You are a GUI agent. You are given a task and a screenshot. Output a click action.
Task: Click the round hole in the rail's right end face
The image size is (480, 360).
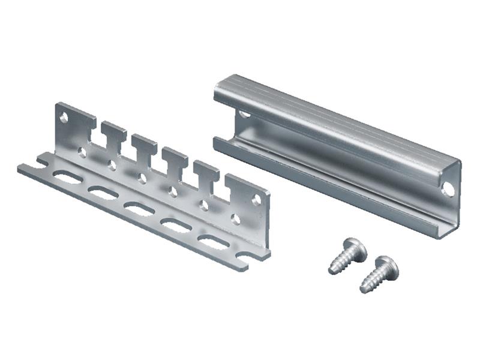coord(448,189)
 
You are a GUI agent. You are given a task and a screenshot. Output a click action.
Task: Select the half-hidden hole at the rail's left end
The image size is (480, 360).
coord(244,113)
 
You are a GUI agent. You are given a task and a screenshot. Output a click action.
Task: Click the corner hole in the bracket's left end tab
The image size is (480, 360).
coord(64,118)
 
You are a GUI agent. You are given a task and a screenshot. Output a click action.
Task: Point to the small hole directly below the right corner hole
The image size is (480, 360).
coord(236,220)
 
